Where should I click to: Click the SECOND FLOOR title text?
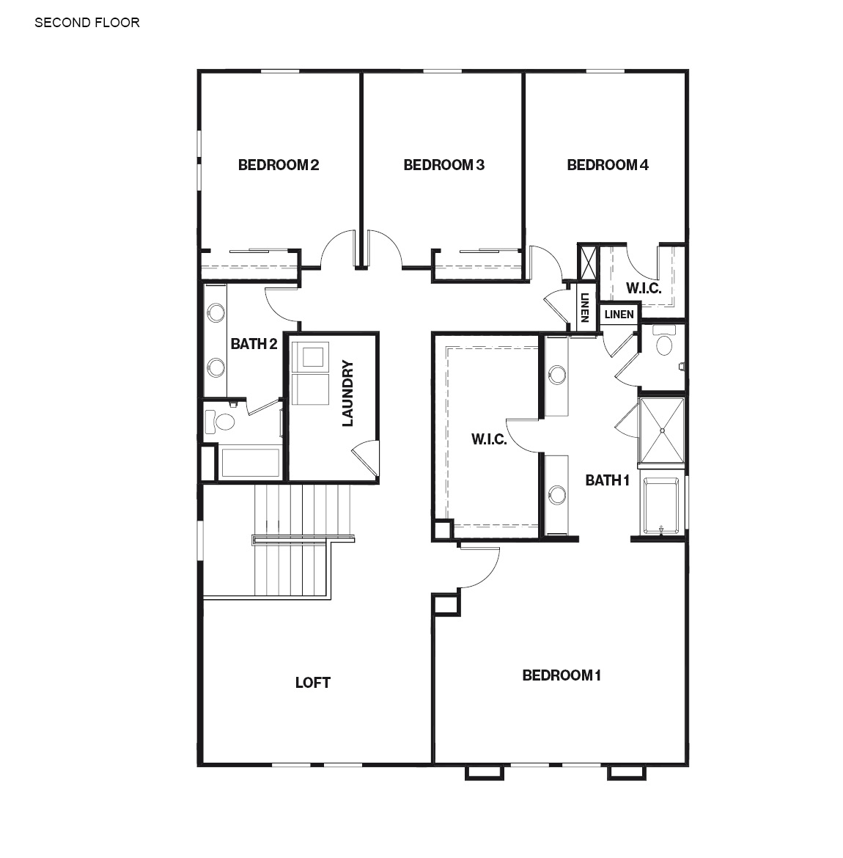87,23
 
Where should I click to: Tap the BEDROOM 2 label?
278,165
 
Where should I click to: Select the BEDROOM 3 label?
443,165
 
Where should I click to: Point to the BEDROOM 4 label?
607,165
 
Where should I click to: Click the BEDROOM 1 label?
562,675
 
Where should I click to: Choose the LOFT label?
312,683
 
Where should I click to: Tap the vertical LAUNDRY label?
347,393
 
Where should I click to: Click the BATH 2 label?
254,344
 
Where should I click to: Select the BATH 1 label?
607,480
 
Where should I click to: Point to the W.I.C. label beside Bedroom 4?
643,288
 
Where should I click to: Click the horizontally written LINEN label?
619,315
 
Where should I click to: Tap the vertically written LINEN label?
584,308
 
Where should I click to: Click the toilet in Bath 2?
221,422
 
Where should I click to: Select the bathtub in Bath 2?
250,463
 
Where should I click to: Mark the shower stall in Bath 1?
662,431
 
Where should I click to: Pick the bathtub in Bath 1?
663,505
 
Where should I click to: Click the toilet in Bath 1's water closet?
664,344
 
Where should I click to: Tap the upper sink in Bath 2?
216,312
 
